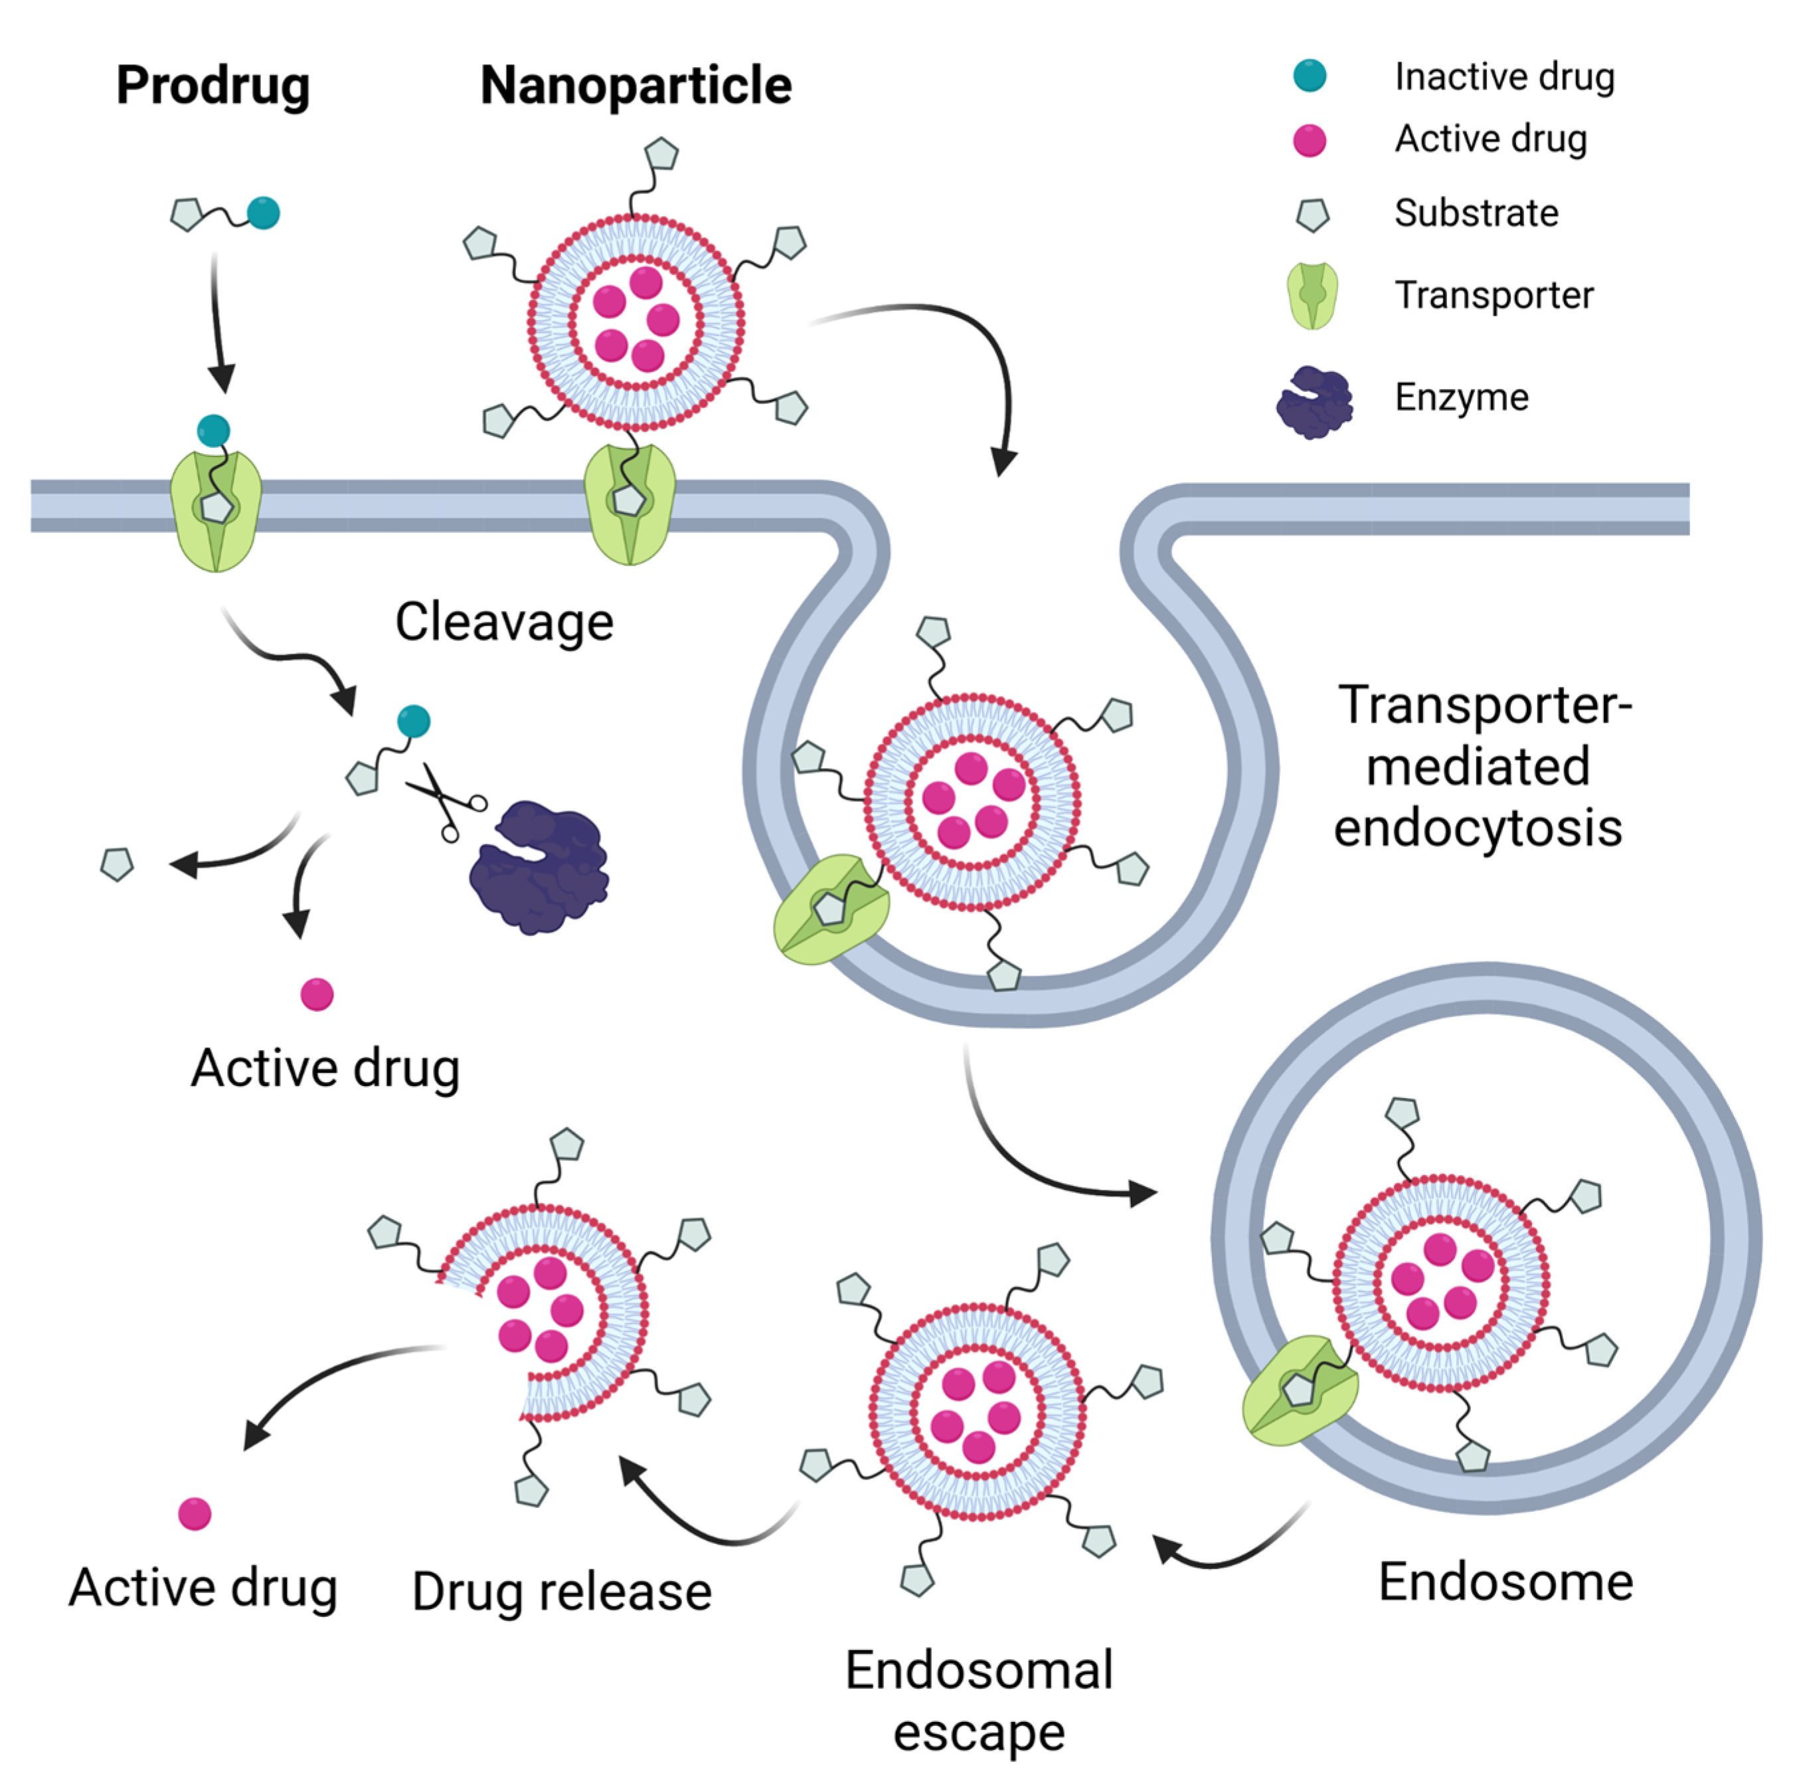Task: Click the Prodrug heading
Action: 213,86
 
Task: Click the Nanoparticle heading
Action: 636,86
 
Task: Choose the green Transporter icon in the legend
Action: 1312,296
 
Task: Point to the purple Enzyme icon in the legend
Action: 1314,402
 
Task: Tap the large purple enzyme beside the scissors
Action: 539,867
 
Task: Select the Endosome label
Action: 1505,1582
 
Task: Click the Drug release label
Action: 562,1592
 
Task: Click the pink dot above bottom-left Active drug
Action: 195,1513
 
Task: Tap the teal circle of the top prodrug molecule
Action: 263,213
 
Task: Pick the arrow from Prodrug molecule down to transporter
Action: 218,321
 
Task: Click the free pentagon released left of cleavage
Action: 117,864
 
